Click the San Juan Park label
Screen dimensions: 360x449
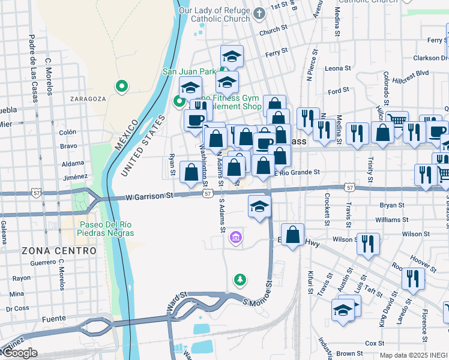(189, 71)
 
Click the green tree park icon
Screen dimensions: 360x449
(240, 280)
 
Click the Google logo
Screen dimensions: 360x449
(19, 353)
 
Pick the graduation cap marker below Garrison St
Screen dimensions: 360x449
(259, 208)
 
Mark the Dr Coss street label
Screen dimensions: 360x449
(17, 308)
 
